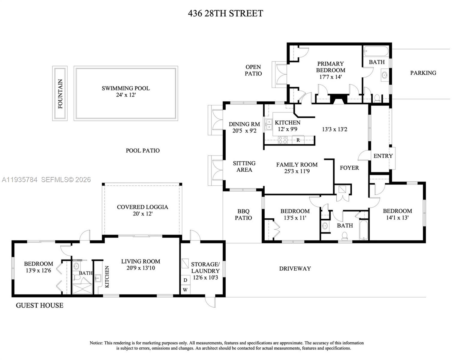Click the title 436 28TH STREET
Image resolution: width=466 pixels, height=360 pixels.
[x=225, y=13]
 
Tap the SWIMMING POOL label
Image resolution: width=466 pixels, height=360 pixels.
[x=125, y=88]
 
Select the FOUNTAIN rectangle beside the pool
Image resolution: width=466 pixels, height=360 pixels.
[x=60, y=94]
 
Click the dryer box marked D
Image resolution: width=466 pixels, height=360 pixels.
[x=185, y=280]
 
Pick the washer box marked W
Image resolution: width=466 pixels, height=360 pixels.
[x=185, y=290]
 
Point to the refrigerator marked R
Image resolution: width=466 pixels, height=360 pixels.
[x=298, y=140]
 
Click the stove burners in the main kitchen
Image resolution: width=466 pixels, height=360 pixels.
[x=283, y=140]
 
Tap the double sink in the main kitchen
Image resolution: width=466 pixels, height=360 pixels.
[x=268, y=124]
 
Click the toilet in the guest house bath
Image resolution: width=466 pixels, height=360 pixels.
[x=77, y=278]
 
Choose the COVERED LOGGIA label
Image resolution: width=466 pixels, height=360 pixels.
[x=142, y=207]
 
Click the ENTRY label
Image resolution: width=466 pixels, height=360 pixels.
[x=383, y=156]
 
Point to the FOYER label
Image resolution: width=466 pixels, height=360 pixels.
[x=349, y=168]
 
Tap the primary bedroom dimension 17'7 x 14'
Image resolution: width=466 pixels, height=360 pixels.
[x=330, y=77]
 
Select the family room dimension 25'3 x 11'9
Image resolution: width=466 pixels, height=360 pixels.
[x=297, y=171]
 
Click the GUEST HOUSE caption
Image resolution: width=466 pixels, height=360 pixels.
[x=40, y=305]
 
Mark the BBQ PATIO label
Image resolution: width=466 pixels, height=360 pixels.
[x=243, y=214]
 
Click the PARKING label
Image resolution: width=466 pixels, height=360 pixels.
[x=423, y=73]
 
